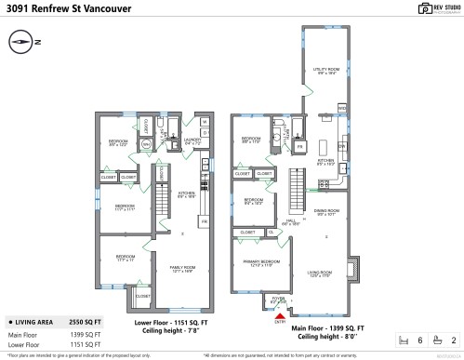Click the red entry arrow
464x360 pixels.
pyautogui.click(x=278, y=316)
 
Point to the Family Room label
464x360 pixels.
pyautogui.click(x=182, y=269)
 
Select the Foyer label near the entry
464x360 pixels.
pyautogui.click(x=278, y=300)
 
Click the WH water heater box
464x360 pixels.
pyautogui.click(x=146, y=144)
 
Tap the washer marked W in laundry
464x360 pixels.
pyautogui.click(x=204, y=122)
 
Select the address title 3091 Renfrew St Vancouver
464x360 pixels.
pyautogui.click(x=65, y=8)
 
